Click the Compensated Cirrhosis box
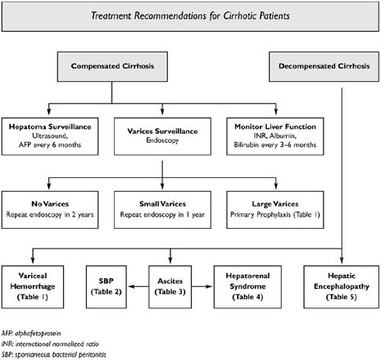[112, 66]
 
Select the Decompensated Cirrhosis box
[324, 66]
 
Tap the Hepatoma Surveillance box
[50, 136]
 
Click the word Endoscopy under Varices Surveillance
[162, 140]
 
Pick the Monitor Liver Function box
[275, 136]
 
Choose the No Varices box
[50, 210]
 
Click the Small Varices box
[162, 210]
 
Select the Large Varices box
[275, 210]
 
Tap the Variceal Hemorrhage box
[33, 287]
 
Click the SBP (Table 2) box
[107, 287]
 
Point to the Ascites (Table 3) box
[170, 287]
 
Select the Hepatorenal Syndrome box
[247, 287]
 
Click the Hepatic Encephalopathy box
[342, 287]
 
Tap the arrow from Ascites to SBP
[138, 286]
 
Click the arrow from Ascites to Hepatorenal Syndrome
[202, 286]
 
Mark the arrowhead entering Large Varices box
[276, 186]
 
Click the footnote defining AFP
[31, 333]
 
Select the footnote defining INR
[50, 344]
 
